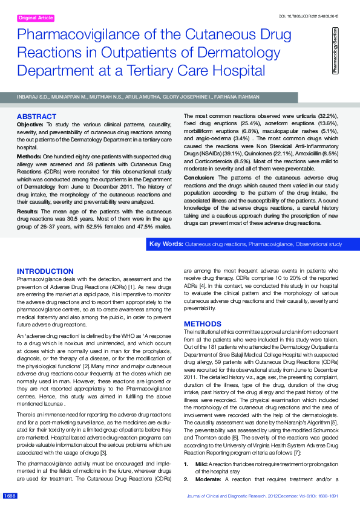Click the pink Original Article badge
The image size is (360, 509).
click(x=35, y=18)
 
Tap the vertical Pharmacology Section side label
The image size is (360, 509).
click(x=335, y=51)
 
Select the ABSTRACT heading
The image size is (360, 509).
click(x=36, y=116)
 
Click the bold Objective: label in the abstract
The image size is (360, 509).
click(x=30, y=123)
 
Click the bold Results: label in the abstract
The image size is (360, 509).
click(x=27, y=212)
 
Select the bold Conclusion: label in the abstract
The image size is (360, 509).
click(x=201, y=178)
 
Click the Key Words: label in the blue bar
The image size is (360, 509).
click(x=166, y=244)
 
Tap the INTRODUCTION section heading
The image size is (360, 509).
click(x=45, y=271)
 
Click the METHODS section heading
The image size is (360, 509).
click(x=203, y=324)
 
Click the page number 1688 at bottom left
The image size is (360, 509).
click(x=10, y=496)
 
